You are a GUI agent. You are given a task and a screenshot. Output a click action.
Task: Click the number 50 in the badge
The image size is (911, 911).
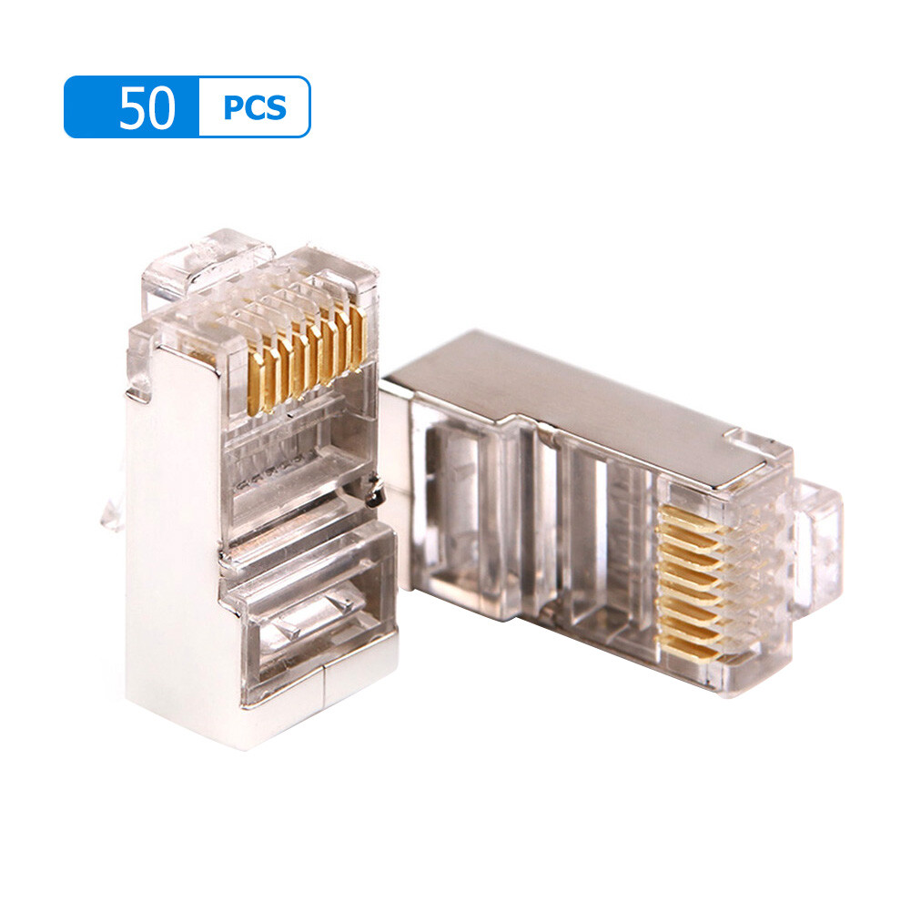point(146,107)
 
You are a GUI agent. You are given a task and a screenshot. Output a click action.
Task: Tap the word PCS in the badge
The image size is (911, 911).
point(254,108)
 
